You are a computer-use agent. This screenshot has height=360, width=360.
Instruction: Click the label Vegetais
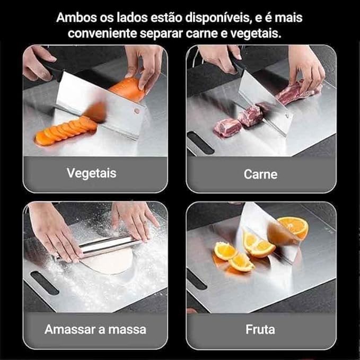pyautogui.click(x=92, y=173)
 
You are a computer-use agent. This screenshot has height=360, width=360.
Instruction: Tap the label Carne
pyautogui.click(x=260, y=174)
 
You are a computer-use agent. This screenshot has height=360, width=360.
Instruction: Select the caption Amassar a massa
pyautogui.click(x=95, y=329)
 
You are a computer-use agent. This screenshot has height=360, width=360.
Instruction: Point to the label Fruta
pyautogui.click(x=260, y=329)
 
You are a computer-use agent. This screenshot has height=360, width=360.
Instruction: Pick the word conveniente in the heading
pyautogui.click(x=102, y=33)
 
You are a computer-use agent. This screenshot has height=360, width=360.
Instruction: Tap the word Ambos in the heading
pyautogui.click(x=76, y=17)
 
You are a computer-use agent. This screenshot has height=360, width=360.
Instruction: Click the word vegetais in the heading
pyautogui.click(x=256, y=34)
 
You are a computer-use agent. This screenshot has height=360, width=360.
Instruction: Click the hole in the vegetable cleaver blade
pyautogui.click(x=137, y=111)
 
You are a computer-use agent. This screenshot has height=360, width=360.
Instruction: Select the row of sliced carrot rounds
pyautogui.click(x=65, y=131)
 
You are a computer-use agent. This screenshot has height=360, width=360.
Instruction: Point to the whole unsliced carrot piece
pyautogui.click(x=127, y=89)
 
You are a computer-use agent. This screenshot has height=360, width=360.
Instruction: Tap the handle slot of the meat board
pyautogui.click(x=200, y=142)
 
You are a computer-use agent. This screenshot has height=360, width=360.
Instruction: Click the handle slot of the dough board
pyautogui.click(x=45, y=283)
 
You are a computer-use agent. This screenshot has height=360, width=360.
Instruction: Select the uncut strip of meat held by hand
pyautogui.click(x=298, y=91)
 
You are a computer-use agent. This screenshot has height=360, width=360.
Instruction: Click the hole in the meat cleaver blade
pyautogui.click(x=287, y=115)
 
